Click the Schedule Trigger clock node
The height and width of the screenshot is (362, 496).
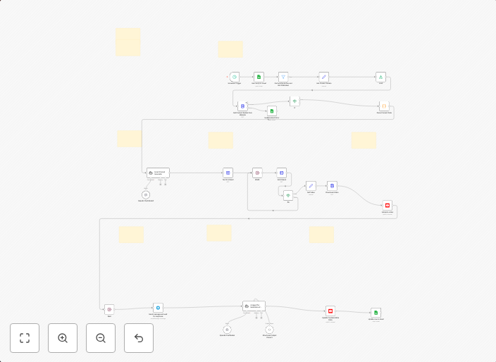235,77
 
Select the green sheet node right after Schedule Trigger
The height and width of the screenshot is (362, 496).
259,77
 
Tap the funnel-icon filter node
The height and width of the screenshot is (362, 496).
283,77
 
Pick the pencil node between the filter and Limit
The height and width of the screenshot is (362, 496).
324,77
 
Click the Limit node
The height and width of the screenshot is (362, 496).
380,77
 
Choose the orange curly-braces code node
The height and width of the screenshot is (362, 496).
384,106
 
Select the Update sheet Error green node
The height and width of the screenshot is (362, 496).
271,111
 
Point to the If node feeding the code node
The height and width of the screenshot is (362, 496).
294,101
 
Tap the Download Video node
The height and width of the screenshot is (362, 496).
332,185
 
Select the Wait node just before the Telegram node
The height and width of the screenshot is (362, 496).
109,308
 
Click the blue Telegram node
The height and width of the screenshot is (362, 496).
158,308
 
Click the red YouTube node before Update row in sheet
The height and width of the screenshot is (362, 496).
330,310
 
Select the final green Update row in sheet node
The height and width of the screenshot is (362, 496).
376,313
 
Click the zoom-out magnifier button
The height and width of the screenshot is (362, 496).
101,338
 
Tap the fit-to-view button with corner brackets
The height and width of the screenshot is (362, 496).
25,338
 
